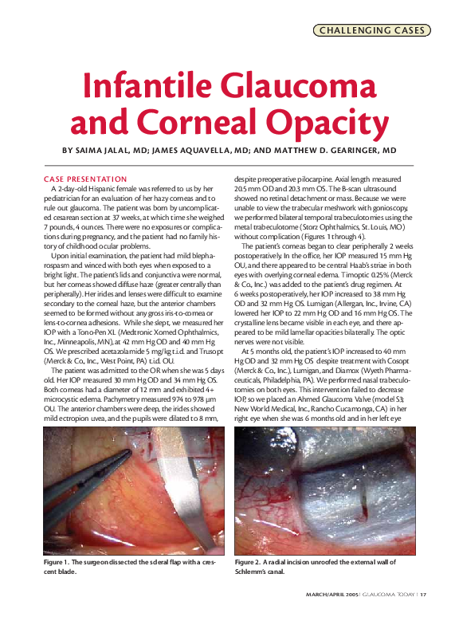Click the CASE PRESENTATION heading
(x=85, y=179)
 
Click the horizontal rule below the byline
(x=229, y=164)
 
